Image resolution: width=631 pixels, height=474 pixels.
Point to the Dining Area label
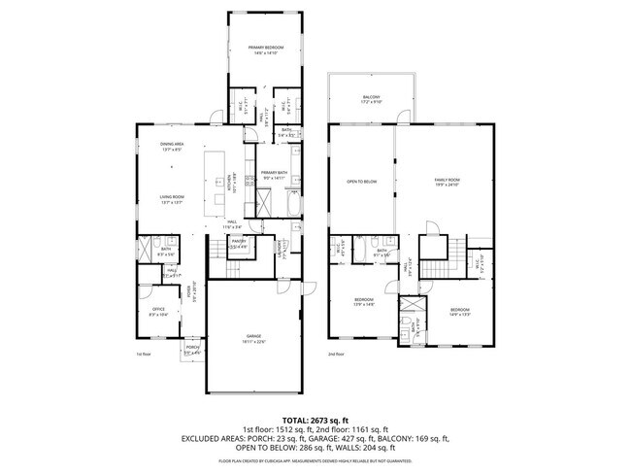(x=173, y=146)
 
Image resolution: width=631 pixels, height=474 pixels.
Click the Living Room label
(x=173, y=200)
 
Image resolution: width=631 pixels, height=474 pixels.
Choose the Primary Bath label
(x=275, y=175)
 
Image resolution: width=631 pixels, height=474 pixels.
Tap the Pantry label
(x=238, y=244)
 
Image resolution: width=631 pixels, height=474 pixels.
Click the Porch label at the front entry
(x=192, y=349)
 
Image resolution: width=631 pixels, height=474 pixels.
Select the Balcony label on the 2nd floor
(x=371, y=99)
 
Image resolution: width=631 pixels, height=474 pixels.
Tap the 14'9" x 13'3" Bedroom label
(x=459, y=312)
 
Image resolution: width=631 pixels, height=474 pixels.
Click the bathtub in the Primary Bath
(x=295, y=207)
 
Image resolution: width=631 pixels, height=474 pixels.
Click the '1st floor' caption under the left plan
(x=146, y=356)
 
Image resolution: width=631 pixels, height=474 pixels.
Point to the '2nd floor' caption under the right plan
(x=337, y=356)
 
